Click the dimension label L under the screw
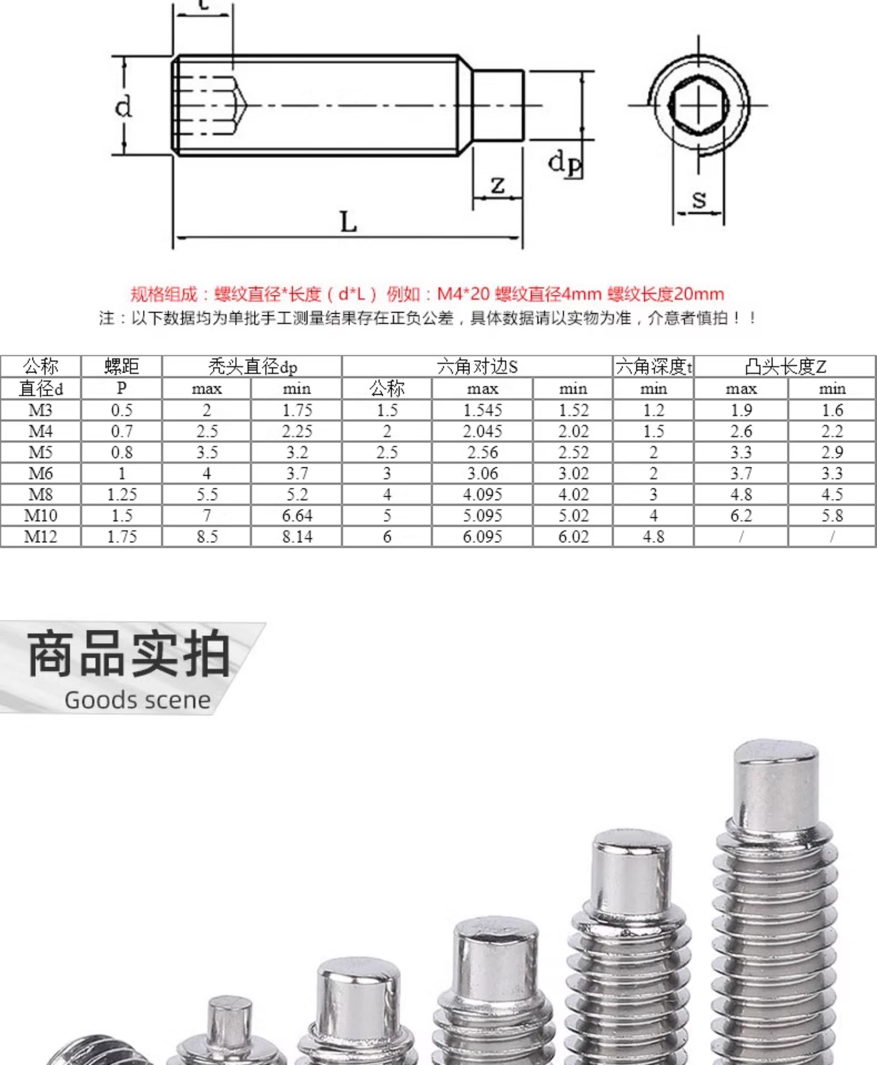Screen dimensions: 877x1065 (x=348, y=222)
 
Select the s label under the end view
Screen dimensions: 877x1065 (x=699, y=199)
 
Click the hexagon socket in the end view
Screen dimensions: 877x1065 (x=699, y=106)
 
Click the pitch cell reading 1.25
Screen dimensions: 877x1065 (x=122, y=494)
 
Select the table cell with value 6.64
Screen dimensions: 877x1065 (x=297, y=516)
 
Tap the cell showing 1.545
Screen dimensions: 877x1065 (x=482, y=410)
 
